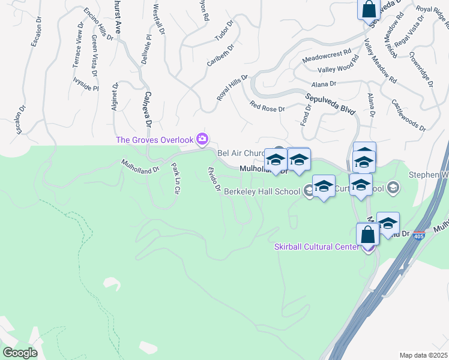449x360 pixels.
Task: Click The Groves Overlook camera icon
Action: coord(202,140)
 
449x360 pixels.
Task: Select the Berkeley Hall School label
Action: coord(262,192)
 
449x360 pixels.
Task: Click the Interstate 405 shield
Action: coord(418,235)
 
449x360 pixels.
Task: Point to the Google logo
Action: coord(20,352)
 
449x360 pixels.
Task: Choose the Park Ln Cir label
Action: coord(176,178)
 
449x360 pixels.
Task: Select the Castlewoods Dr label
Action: coord(408,116)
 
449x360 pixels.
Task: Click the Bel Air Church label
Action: coord(240,153)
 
